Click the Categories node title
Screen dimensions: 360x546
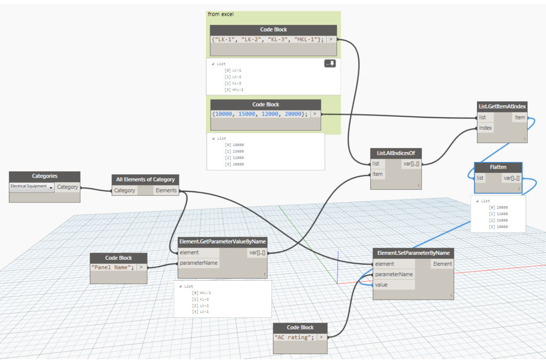[45, 176]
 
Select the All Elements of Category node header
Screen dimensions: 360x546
[145, 180]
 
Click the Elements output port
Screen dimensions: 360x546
[166, 190]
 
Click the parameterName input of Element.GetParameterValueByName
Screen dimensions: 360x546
[199, 263]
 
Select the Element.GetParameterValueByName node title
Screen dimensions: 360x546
[223, 241]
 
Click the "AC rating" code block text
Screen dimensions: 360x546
[294, 337]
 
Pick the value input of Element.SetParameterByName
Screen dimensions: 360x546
[381, 285]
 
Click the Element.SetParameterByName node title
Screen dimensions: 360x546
[413, 253]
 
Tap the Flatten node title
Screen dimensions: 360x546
[498, 167]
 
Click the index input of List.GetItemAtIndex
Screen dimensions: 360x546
[486, 128]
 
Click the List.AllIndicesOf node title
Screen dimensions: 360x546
[396, 153]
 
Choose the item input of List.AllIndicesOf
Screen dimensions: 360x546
[377, 174]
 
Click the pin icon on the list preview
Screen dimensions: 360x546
[330, 64]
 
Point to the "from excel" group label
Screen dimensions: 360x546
[221, 14]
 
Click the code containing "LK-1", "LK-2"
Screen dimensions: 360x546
[268, 40]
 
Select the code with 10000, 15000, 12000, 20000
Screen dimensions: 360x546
[260, 114]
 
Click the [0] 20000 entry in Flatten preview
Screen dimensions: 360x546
[498, 208]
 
